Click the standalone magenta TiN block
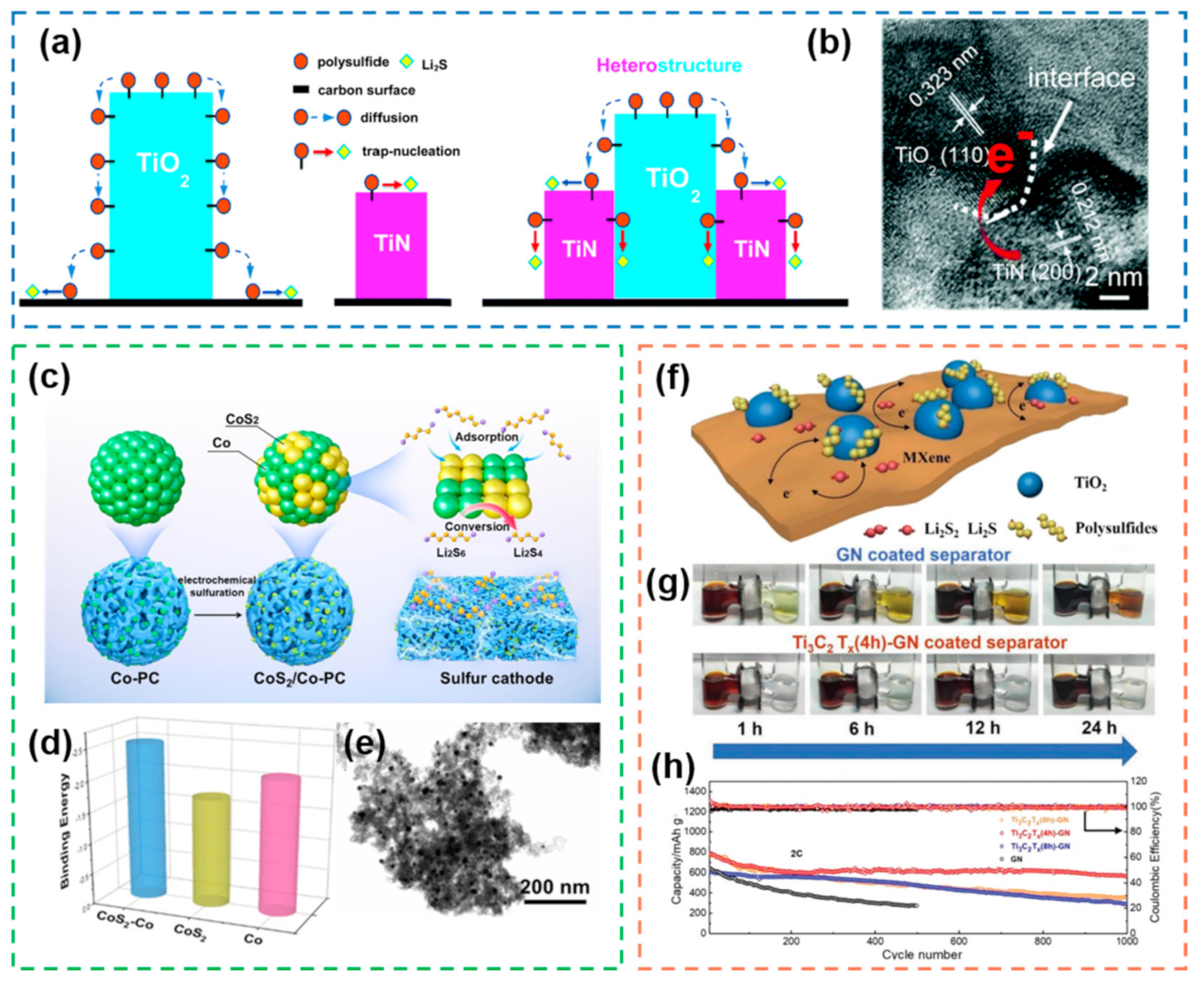[391, 245]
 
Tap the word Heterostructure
[669, 66]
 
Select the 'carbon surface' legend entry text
[366, 90]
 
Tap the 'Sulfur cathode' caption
[496, 678]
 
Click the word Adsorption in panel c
[486, 436]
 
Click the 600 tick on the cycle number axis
[958, 942]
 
